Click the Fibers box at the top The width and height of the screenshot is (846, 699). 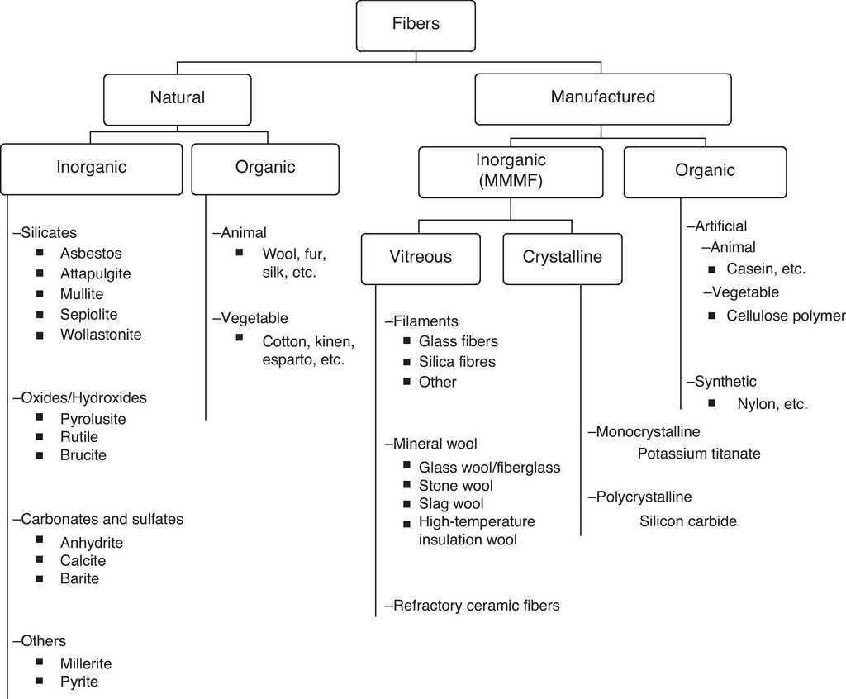(x=416, y=25)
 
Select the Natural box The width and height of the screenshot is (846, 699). (x=177, y=97)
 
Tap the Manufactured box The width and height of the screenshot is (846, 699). (x=602, y=97)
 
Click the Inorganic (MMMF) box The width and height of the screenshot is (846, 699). (x=511, y=171)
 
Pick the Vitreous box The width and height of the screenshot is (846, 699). (x=421, y=257)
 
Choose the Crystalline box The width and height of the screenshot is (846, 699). (x=562, y=257)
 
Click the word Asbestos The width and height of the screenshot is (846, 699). (x=90, y=254)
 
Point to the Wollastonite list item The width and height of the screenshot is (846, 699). (x=101, y=335)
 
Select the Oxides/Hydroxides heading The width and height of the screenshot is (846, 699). (x=82, y=398)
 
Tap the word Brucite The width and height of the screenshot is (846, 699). (x=83, y=455)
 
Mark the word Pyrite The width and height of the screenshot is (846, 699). (x=78, y=682)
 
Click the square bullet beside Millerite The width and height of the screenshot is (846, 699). (x=40, y=662)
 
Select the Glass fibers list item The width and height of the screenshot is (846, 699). (x=458, y=341)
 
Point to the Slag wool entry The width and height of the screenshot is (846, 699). (x=451, y=504)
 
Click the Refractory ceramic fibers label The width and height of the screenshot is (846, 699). (x=475, y=606)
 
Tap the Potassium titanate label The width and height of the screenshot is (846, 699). (x=699, y=454)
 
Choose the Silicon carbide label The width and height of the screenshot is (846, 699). (x=687, y=521)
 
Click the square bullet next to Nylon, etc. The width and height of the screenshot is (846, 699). (x=712, y=402)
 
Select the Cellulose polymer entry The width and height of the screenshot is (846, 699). (x=786, y=316)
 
